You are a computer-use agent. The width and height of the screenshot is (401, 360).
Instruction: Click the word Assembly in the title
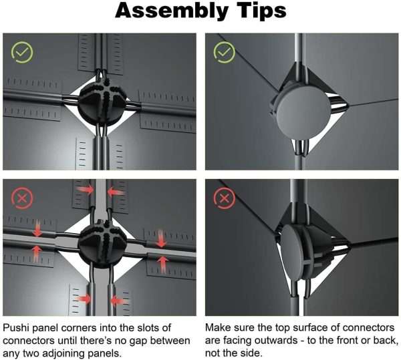pyautogui.click(x=171, y=11)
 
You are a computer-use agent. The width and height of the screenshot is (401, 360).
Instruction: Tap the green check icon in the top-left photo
pyautogui.click(x=22, y=52)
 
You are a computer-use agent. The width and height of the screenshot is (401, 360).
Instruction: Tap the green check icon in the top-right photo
pyautogui.click(x=225, y=52)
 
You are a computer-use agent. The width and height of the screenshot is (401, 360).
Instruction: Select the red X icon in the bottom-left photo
pyautogui.click(x=22, y=198)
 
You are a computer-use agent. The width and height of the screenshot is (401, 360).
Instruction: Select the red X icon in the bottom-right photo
pyautogui.click(x=225, y=198)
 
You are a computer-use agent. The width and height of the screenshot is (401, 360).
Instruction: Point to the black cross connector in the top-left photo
pyautogui.click(x=103, y=103)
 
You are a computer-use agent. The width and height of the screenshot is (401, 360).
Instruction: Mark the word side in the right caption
pyautogui.click(x=253, y=353)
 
